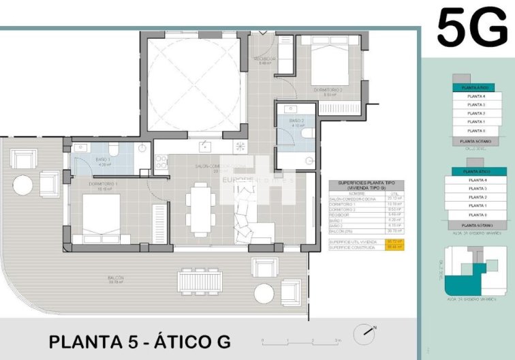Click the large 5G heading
coord(472,28)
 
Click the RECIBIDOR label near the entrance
coord(264,59)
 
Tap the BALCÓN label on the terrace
coord(114,279)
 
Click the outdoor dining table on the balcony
coord(200,281)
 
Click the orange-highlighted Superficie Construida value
coord(395,247)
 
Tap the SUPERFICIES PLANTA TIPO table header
coord(366,186)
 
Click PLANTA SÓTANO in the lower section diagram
coord(476,224)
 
